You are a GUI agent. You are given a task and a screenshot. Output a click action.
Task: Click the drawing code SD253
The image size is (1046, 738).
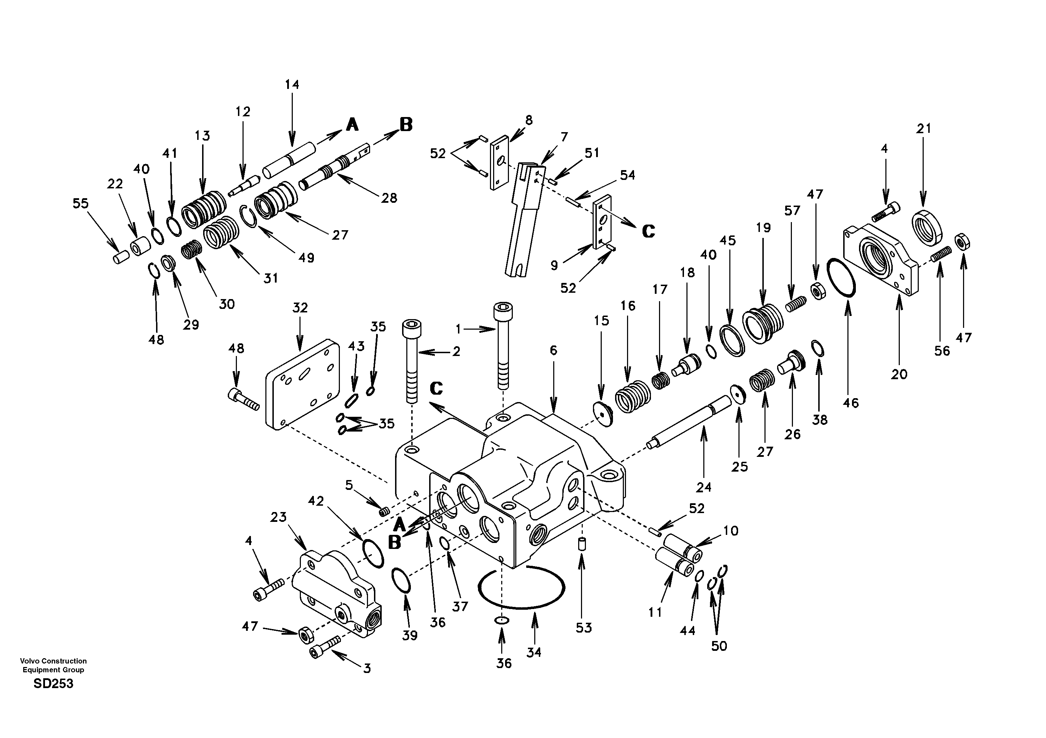click(x=53, y=684)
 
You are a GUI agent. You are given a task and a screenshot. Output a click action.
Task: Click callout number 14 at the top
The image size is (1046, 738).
click(x=292, y=85)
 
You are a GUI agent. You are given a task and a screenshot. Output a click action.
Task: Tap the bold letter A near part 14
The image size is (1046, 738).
click(x=352, y=124)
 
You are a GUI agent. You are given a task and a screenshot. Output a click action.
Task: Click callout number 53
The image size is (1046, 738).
click(x=583, y=628)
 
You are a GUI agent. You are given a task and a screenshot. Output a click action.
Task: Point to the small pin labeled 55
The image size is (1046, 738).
click(x=122, y=257)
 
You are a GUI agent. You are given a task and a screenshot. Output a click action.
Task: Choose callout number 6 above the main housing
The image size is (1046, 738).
click(x=553, y=350)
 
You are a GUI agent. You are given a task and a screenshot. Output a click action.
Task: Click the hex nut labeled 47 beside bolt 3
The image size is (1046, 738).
click(x=304, y=634)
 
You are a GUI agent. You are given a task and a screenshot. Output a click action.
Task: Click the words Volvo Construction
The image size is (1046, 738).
click(x=53, y=661)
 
